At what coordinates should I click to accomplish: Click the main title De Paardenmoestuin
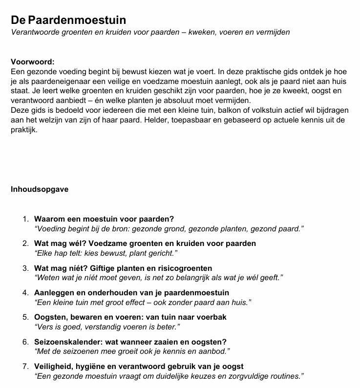(x=68, y=20)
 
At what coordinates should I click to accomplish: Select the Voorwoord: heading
(x=33, y=62)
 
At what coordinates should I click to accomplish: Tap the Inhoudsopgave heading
(x=40, y=189)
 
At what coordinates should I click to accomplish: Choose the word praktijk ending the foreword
(x=23, y=130)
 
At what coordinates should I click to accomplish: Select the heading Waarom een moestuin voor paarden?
(x=104, y=219)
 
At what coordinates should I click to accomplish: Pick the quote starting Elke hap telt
(x=106, y=253)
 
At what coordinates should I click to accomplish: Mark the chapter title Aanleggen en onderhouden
(x=131, y=293)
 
